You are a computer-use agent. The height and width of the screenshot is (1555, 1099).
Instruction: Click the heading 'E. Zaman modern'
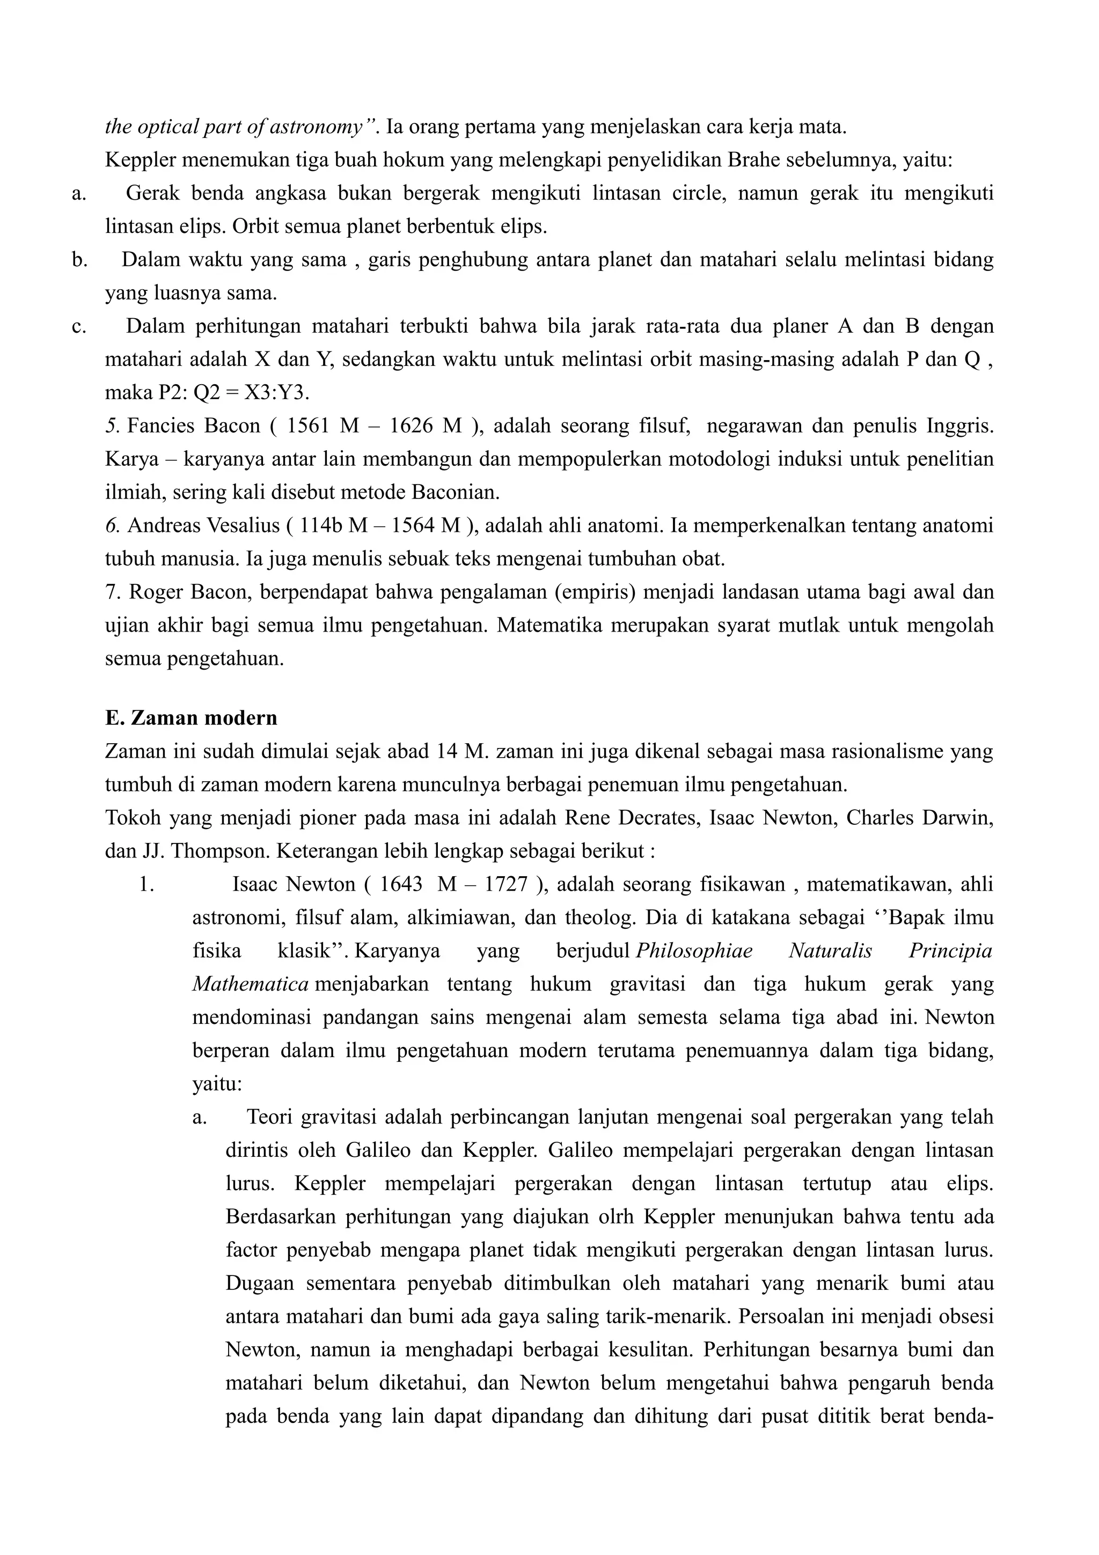191,718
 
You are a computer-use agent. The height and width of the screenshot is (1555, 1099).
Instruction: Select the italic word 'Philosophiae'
694,951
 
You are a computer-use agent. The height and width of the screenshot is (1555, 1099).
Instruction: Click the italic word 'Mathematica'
251,984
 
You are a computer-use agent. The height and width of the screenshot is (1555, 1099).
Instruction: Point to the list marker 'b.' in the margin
79,260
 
